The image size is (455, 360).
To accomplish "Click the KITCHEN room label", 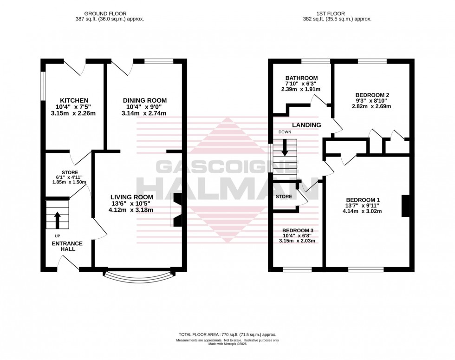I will point(74,100).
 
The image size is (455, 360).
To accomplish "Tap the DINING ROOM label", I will point(144,100).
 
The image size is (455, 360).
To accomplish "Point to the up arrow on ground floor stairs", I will point(58,220).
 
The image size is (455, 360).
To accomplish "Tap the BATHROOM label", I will point(301,78).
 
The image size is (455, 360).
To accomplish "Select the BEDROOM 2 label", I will point(371,95).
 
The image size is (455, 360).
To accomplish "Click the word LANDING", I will point(306,125).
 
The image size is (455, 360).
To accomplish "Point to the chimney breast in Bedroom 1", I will point(405,206).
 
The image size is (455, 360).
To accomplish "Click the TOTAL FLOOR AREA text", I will point(227,334).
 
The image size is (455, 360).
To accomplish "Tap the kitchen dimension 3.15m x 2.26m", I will point(74,113).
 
